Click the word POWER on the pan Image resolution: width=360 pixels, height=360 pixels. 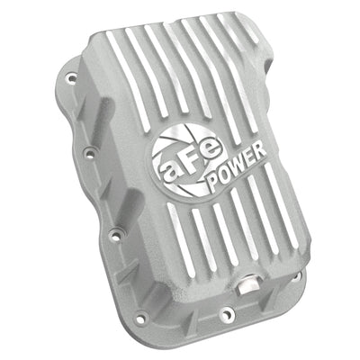pos(237,166)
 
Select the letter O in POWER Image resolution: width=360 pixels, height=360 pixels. pos(225,175)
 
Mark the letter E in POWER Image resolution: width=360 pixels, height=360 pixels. pos(250,157)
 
